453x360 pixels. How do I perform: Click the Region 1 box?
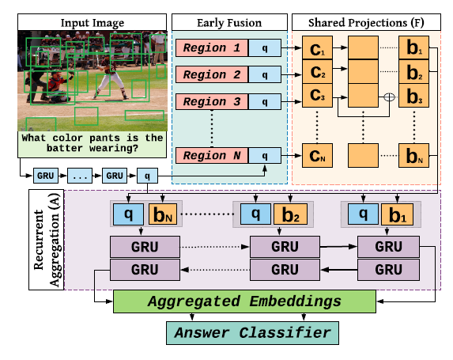[212, 47]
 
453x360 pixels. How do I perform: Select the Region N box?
[212, 156]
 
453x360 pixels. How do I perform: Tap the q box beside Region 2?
[265, 74]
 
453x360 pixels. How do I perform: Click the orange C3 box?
[317, 96]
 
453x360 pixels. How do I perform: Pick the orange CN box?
[317, 156]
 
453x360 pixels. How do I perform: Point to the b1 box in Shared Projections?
[413, 47]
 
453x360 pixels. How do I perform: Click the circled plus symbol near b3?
[389, 97]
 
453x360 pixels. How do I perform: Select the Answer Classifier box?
[252, 333]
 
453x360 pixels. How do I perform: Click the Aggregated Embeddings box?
[245, 301]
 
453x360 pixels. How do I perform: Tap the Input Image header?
[92, 22]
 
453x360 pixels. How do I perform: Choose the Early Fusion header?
[229, 22]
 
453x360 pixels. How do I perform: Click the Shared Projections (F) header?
[366, 22]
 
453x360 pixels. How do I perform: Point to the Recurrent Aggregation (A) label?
[46, 240]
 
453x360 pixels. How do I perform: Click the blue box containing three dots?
[80, 176]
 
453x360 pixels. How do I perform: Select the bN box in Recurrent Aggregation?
[163, 214]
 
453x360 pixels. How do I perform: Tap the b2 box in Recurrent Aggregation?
[290, 214]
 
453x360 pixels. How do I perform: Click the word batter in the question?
[65, 148]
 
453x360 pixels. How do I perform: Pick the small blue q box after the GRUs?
[147, 176]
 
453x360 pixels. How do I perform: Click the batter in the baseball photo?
[109, 78]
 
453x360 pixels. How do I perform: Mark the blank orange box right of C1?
[363, 47]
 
